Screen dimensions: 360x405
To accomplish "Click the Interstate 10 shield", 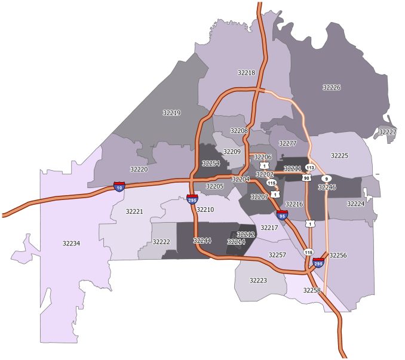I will point(119,187).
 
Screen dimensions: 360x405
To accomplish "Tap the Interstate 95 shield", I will point(282,214).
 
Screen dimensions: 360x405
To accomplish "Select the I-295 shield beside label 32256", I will point(318,262).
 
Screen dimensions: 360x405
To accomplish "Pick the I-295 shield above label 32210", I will point(192,199).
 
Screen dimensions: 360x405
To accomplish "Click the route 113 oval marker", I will point(310,168).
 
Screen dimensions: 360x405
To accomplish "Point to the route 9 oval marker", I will point(326,178).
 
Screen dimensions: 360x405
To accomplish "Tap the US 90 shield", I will point(306,178).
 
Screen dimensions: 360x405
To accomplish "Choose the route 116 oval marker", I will point(308,253).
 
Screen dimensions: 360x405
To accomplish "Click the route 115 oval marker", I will point(272,183).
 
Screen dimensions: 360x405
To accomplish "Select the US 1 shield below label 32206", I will point(263,165).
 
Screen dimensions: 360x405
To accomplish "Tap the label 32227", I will point(387,132).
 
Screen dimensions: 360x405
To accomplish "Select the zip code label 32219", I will point(171,112).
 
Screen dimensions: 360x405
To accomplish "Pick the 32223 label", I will point(258,280).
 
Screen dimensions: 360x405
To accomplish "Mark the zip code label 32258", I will point(311,290).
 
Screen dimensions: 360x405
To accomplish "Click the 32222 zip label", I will point(161,242).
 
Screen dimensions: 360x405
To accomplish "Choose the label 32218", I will point(246,73).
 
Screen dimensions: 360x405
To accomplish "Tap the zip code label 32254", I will point(210,163).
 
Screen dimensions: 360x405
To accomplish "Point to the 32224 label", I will point(355,204).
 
